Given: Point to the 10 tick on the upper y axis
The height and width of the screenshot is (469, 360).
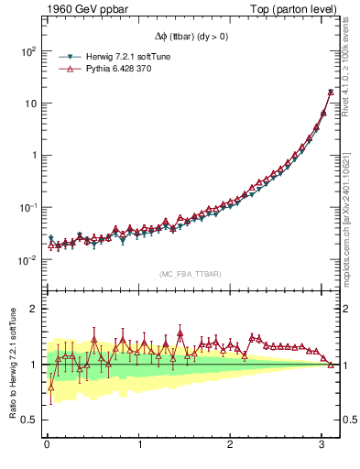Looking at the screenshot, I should pyautogui.click(x=29, y=104).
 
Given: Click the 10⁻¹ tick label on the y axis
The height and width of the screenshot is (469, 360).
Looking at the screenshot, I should pyautogui.click(x=27, y=208).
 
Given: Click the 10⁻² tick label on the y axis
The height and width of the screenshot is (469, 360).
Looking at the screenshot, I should pyautogui.click(x=27, y=260).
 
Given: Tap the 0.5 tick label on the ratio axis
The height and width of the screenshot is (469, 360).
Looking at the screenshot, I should pyautogui.click(x=29, y=420).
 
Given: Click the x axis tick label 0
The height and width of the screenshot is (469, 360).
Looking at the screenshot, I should pyautogui.click(x=47, y=445).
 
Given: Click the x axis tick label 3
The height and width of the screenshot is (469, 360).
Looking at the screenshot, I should pyautogui.click(x=322, y=445).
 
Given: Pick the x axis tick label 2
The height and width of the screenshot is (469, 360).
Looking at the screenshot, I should pyautogui.click(x=231, y=445).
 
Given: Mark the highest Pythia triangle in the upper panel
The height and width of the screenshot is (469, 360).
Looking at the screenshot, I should pyautogui.click(x=331, y=92).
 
